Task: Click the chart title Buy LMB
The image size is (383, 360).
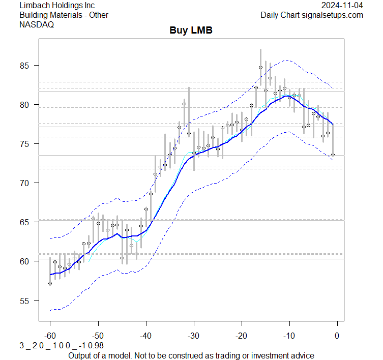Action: pos(191,31)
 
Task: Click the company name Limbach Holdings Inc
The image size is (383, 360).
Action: pos(56,6)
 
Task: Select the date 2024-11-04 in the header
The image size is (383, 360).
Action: pos(342,6)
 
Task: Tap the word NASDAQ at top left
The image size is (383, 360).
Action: pos(37,24)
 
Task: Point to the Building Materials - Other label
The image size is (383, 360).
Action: pos(64,15)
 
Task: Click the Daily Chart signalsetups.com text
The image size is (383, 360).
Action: pos(312,15)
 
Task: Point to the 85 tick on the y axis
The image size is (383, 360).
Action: pos(26,66)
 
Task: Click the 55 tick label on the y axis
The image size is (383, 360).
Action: pos(26,301)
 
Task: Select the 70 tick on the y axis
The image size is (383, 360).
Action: pos(26,183)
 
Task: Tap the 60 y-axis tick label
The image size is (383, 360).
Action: pos(26,261)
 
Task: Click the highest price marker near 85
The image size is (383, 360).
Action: pos(260,67)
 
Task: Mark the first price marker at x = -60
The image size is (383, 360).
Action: pos(50,283)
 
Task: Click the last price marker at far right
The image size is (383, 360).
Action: pos(333,155)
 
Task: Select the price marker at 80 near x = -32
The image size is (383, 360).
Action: pos(184,104)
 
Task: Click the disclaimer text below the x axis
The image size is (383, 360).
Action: pos(191,355)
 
